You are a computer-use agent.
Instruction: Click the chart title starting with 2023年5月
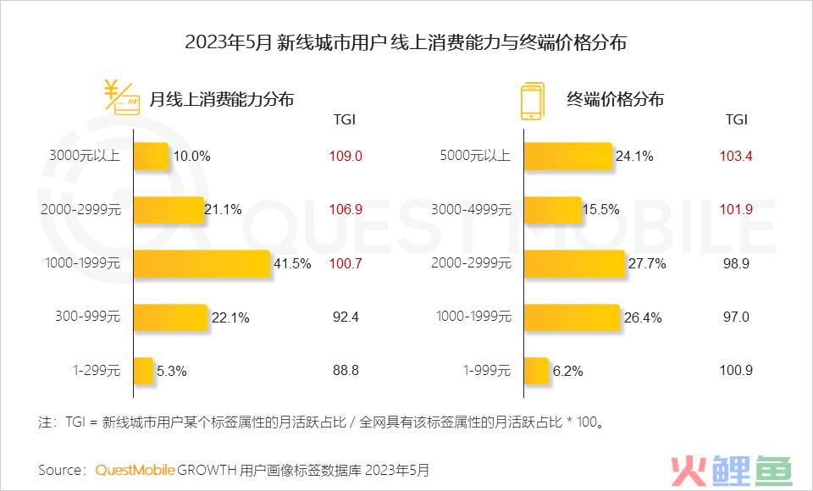[406, 42]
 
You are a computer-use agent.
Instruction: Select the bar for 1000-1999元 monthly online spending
[202, 263]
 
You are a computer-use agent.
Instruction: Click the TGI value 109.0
[345, 157]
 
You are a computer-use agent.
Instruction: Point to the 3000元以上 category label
[86, 156]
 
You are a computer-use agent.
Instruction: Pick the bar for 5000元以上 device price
[567, 156]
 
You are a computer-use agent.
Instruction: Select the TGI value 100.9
[736, 371]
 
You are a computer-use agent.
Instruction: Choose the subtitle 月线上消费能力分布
[222, 99]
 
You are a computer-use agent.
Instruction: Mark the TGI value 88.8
[345, 371]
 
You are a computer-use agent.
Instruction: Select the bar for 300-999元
[170, 317]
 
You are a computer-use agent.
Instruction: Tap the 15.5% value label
[602, 210]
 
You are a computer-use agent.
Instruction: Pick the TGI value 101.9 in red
[736, 210]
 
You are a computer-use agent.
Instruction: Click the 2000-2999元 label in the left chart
[81, 210]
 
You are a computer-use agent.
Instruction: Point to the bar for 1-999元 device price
[536, 371]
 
